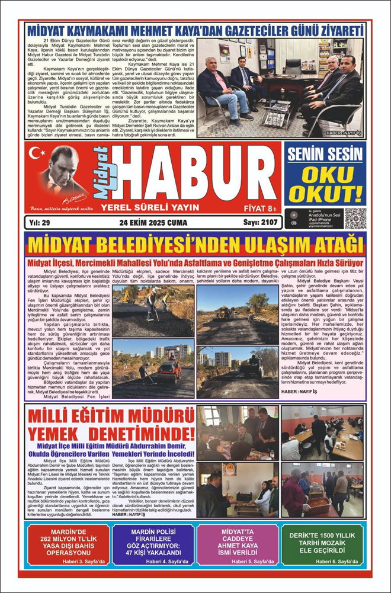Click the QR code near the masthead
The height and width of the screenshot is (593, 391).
[x=355, y=218]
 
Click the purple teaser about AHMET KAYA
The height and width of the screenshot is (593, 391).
[x=237, y=544]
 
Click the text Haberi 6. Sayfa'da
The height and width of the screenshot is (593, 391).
[x=332, y=560]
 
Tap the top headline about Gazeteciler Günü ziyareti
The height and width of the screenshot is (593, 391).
[x=195, y=29]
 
